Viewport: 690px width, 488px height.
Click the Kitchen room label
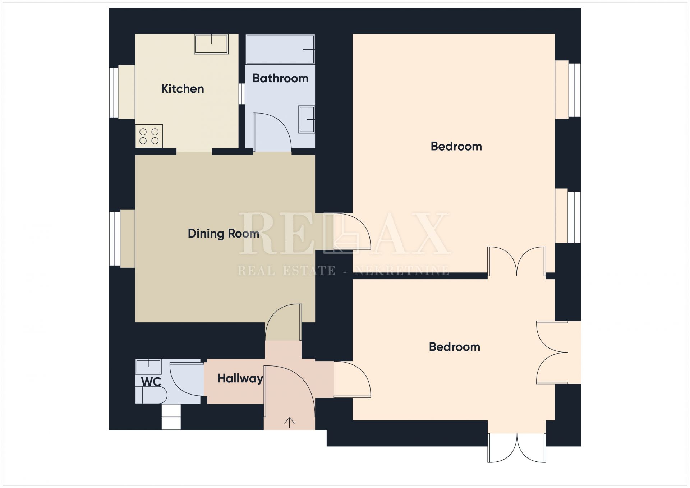pyautogui.click(x=183, y=89)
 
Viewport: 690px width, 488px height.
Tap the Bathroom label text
pyautogui.click(x=280, y=78)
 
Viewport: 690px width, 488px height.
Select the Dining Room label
pyautogui.click(x=224, y=234)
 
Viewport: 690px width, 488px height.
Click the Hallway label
pyautogui.click(x=240, y=379)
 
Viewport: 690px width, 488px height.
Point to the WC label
pyautogui.click(x=151, y=382)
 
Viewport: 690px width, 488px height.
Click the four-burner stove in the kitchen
pyautogui.click(x=149, y=136)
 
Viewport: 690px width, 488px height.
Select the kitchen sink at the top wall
pyautogui.click(x=211, y=44)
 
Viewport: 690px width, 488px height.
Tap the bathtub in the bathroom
pyautogui.click(x=280, y=50)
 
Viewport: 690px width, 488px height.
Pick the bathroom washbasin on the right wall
pyautogui.click(x=307, y=119)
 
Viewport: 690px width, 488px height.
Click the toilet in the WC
pyautogui.click(x=151, y=395)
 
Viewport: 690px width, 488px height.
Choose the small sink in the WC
pyautogui.click(x=148, y=367)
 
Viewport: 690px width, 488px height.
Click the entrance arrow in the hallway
pyautogui.click(x=290, y=422)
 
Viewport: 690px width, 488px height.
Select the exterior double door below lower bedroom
pyautogui.click(x=517, y=448)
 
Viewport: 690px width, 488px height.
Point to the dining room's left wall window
pyautogui.click(x=115, y=239)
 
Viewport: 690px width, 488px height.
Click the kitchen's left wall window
pyautogui.click(x=114, y=92)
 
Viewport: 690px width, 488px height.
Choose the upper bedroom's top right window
pyautogui.click(x=575, y=90)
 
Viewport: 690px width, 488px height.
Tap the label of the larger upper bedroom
pyautogui.click(x=456, y=147)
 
